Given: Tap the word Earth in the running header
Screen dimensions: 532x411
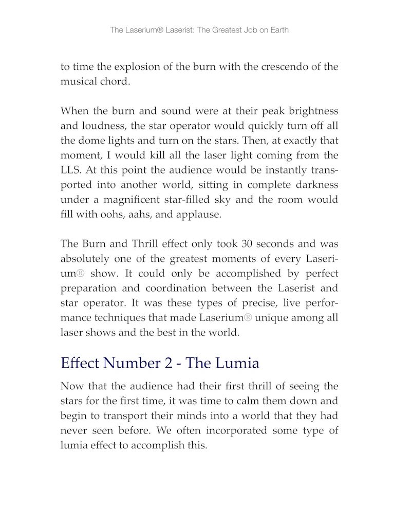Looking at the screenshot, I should [x=278, y=30].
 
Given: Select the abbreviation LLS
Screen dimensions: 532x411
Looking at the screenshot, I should [x=70, y=169].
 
